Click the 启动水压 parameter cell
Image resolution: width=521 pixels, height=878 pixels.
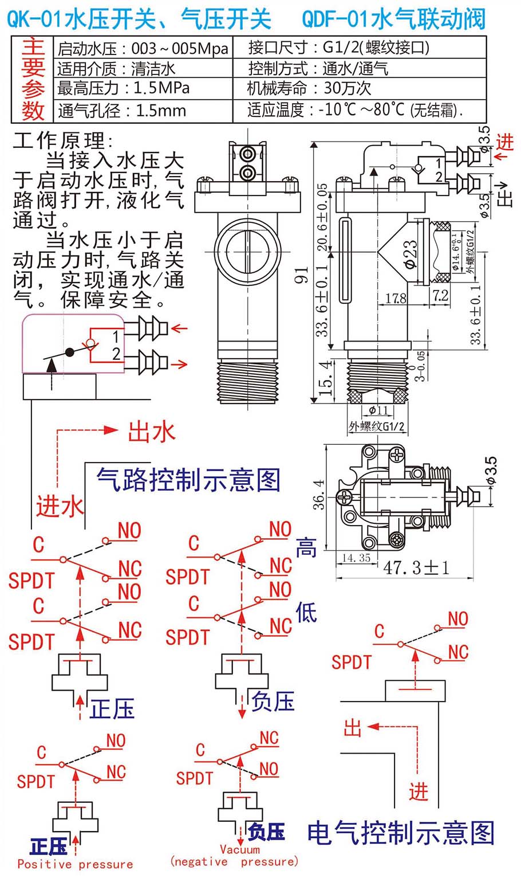click(x=143, y=48)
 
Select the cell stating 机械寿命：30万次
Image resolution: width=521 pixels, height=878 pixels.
click(x=310, y=88)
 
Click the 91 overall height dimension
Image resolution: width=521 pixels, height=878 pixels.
click(x=302, y=275)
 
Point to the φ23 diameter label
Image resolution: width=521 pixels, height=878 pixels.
click(x=410, y=253)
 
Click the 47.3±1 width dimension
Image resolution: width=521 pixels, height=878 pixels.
click(x=416, y=567)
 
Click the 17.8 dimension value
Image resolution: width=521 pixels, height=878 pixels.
click(x=396, y=299)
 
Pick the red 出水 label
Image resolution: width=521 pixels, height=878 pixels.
click(x=151, y=432)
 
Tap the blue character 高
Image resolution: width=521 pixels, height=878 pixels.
click(x=306, y=548)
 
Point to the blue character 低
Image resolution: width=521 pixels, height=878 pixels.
click(x=306, y=613)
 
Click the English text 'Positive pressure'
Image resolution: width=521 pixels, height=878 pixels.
click(x=75, y=864)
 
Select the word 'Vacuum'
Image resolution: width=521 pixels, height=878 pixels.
click(x=240, y=849)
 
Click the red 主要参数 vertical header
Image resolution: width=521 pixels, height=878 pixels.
click(x=33, y=79)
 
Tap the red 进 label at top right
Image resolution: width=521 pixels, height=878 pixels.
click(x=504, y=142)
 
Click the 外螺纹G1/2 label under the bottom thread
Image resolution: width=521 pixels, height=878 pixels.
click(x=377, y=426)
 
